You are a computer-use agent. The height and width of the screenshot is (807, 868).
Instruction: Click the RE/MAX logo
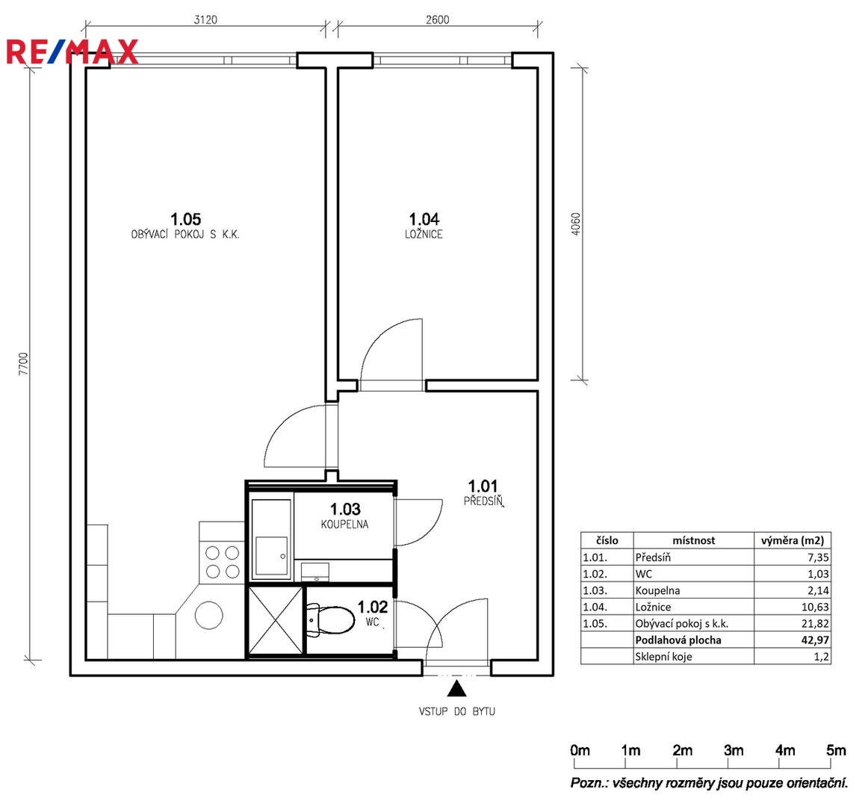click(x=72, y=52)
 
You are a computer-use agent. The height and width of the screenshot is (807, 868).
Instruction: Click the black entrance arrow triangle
click(x=456, y=688)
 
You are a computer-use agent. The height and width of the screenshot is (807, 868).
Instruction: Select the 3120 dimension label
click(x=205, y=19)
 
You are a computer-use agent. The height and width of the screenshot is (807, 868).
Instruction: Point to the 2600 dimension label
click(x=437, y=19)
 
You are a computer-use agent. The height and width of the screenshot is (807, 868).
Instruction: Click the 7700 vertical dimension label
click(x=22, y=364)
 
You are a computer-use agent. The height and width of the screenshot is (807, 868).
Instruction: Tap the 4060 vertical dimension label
click(x=576, y=224)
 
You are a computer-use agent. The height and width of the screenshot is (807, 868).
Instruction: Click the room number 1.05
click(x=185, y=219)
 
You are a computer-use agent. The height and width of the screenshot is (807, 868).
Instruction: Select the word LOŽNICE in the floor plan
click(x=424, y=235)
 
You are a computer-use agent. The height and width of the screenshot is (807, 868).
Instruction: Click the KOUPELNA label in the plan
click(x=345, y=524)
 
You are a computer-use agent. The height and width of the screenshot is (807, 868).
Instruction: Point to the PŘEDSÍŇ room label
click(x=483, y=501)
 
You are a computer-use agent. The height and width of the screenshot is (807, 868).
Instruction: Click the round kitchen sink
click(x=209, y=615)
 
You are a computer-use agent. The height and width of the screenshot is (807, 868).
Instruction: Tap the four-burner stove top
click(x=222, y=562)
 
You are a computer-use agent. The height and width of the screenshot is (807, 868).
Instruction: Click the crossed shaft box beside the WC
click(x=276, y=620)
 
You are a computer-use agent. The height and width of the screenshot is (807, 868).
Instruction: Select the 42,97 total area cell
click(x=815, y=640)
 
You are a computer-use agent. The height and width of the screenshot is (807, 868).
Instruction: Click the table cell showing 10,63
click(x=815, y=607)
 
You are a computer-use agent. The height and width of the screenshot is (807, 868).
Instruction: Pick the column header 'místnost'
click(x=694, y=540)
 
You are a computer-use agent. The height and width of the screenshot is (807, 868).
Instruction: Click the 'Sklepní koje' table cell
click(x=663, y=657)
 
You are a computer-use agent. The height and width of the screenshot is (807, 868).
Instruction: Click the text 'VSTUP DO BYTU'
click(x=456, y=711)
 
